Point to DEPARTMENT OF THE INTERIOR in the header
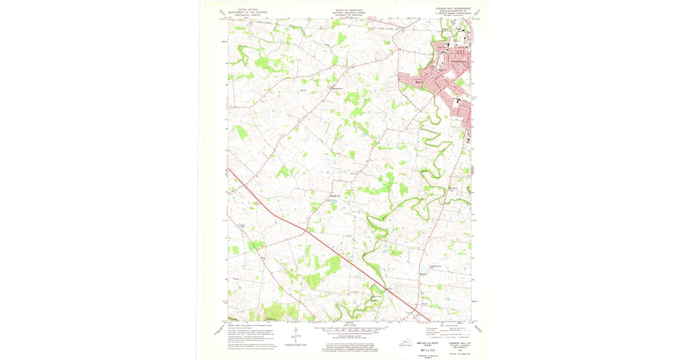pyautogui.click(x=240, y=11)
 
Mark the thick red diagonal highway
pyautogui.click(x=320, y=240)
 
